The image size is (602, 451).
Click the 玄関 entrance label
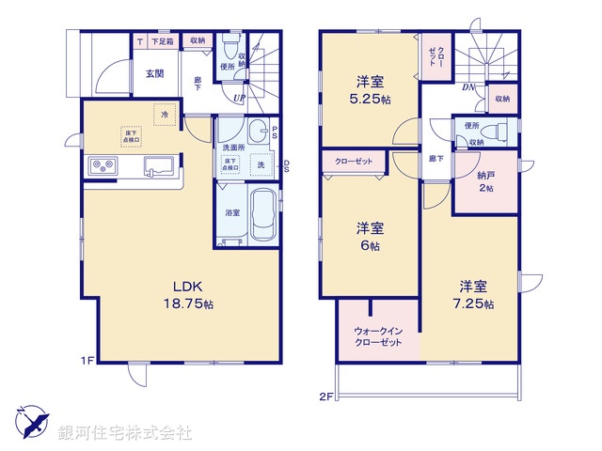tap(154, 73)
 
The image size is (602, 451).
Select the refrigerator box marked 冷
tap(164, 115)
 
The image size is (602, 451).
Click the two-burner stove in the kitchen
tap(102, 167)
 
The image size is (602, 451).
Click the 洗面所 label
tap(232, 148)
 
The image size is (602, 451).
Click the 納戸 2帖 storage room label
tap(484, 181)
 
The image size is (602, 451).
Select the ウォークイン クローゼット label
tap(379, 336)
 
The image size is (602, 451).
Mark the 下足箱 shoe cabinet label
tap(166, 40)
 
